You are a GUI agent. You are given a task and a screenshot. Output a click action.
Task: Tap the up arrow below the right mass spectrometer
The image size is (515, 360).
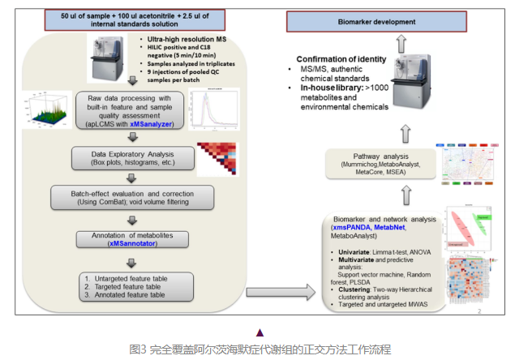[x=406, y=133]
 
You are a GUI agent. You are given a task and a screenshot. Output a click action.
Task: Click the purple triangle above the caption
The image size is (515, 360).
[x=260, y=332]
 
